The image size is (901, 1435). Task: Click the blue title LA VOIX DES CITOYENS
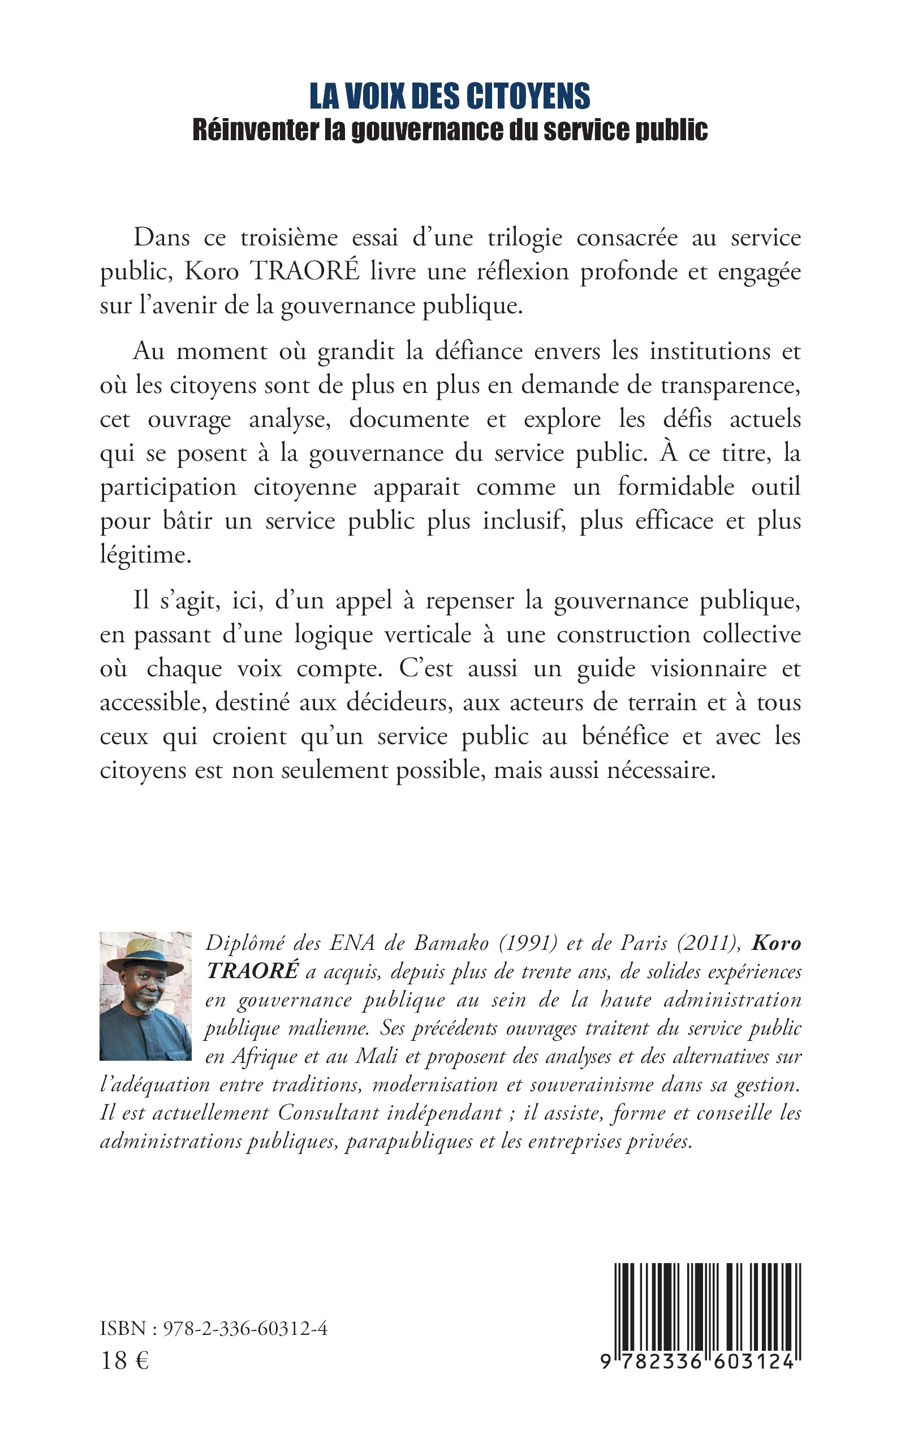click(x=450, y=97)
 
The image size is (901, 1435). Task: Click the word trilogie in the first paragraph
click(x=524, y=237)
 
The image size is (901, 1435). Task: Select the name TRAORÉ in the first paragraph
click(x=304, y=271)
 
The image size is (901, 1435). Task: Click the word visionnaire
click(x=708, y=668)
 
